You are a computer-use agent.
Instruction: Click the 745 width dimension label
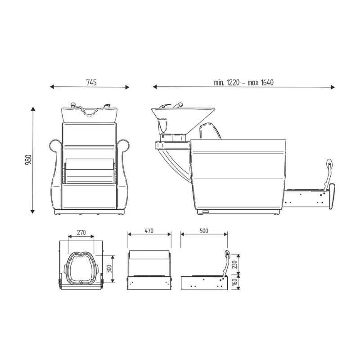[91, 82]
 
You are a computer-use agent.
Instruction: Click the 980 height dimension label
[28, 160]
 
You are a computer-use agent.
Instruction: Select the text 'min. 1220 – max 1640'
[243, 82]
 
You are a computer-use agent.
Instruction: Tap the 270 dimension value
[81, 233]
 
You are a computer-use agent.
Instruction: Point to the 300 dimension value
[109, 269]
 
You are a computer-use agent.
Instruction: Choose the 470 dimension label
[149, 231]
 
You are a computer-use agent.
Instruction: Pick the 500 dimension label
[204, 231]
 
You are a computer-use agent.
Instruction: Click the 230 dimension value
[235, 264]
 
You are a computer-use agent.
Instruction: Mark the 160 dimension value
[235, 282]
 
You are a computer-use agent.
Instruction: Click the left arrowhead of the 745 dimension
[52, 87]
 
